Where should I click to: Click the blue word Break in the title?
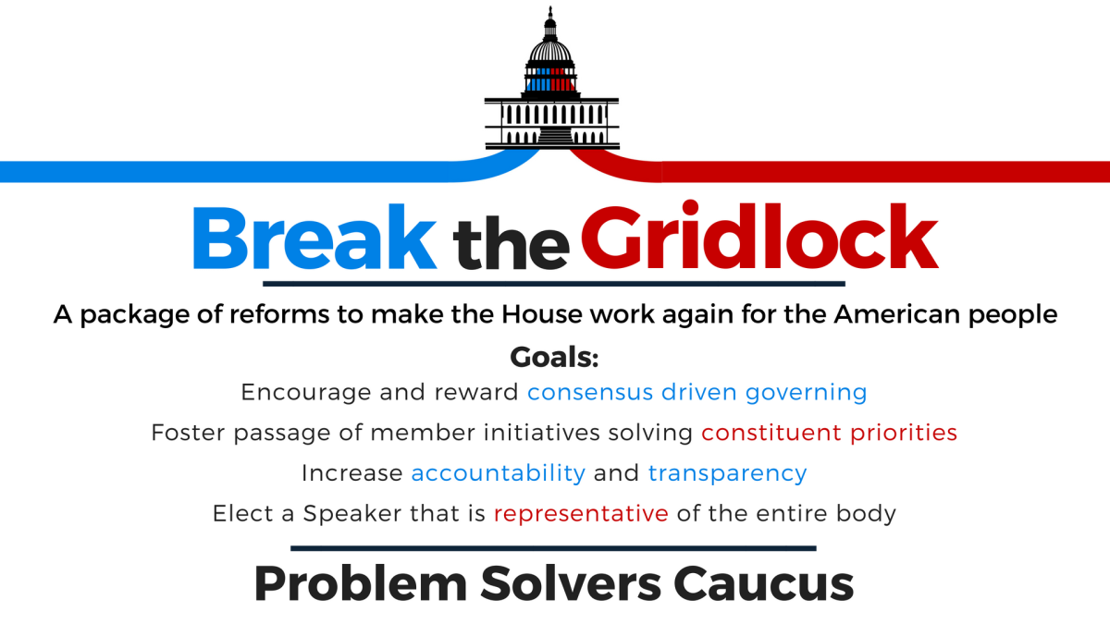click(x=314, y=239)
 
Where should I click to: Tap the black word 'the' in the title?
click(x=511, y=245)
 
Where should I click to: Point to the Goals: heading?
click(x=554, y=357)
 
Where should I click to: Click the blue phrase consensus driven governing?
click(x=697, y=393)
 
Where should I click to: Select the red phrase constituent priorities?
click(x=829, y=433)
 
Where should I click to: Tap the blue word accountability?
click(x=498, y=473)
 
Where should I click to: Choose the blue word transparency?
click(x=727, y=473)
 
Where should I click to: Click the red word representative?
click(x=581, y=513)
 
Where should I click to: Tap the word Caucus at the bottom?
click(x=763, y=584)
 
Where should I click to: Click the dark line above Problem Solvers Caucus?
click(x=553, y=548)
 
